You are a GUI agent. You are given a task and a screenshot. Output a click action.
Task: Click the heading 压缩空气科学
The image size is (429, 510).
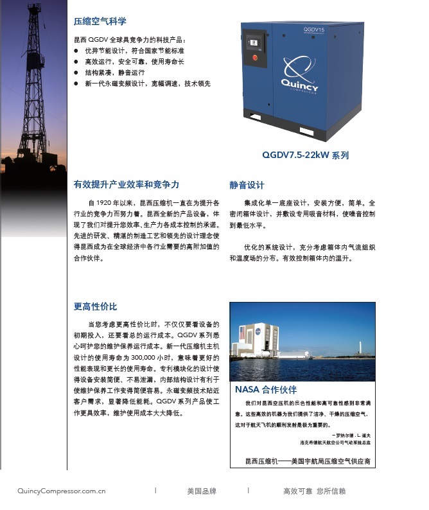pos(100,21)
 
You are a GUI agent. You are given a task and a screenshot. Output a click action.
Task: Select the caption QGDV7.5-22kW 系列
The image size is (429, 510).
pos(305,155)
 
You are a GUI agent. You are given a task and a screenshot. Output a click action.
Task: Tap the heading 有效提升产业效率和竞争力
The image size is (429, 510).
pos(126,185)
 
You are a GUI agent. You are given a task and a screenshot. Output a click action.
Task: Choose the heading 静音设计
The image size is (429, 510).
pos(247,185)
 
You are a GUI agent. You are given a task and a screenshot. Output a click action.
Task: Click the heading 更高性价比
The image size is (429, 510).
pos(96,307)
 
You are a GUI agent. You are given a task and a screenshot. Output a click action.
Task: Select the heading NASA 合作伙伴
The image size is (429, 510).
pos(265,390)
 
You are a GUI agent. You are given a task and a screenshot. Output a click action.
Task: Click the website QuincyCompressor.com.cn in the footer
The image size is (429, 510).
pos(62,491)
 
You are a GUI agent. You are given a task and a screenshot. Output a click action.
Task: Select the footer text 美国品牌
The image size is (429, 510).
pos(202,491)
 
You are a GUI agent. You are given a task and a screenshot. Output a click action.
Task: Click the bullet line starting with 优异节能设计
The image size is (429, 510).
pos(134,50)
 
